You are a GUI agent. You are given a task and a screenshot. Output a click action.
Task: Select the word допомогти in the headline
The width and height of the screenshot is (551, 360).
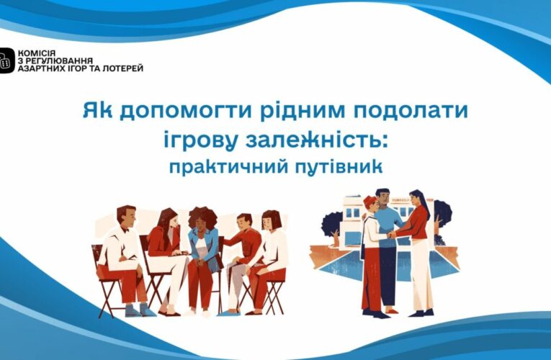164,112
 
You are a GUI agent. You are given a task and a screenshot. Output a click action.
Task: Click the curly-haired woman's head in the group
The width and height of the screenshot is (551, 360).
201,218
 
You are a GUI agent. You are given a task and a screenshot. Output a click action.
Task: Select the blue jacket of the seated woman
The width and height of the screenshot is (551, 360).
202,248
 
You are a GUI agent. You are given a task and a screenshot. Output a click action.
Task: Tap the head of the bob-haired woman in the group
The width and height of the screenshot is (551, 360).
270,221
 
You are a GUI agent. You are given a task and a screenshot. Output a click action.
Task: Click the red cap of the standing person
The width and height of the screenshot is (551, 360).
370,199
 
